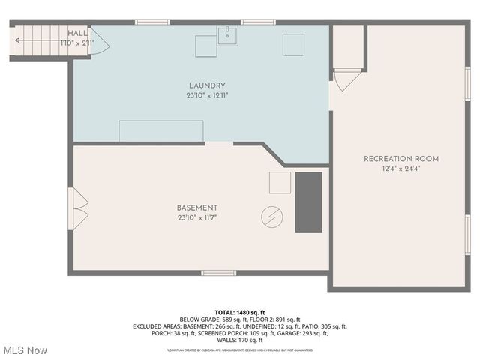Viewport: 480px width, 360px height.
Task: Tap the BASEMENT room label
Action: click(197, 208)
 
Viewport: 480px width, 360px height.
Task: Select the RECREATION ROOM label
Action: click(401, 159)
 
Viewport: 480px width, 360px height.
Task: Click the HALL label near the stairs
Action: click(77, 34)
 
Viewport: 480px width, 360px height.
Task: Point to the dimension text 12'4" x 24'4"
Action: click(401, 169)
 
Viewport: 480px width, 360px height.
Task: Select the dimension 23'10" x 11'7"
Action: click(197, 218)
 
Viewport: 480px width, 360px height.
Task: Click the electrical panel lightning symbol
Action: click(271, 217)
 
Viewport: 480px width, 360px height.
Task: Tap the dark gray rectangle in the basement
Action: click(308, 202)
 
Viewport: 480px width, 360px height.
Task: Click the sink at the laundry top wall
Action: click(228, 35)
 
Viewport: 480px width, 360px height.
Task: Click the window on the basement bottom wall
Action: click(218, 273)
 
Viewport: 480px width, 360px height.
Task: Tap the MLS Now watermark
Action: click(25, 350)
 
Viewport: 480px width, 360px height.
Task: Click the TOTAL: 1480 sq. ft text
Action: click(240, 312)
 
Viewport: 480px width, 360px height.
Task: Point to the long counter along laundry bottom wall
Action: click(161, 130)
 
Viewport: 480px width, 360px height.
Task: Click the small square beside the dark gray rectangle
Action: click(280, 183)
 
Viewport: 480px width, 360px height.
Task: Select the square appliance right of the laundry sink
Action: click(293, 45)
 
